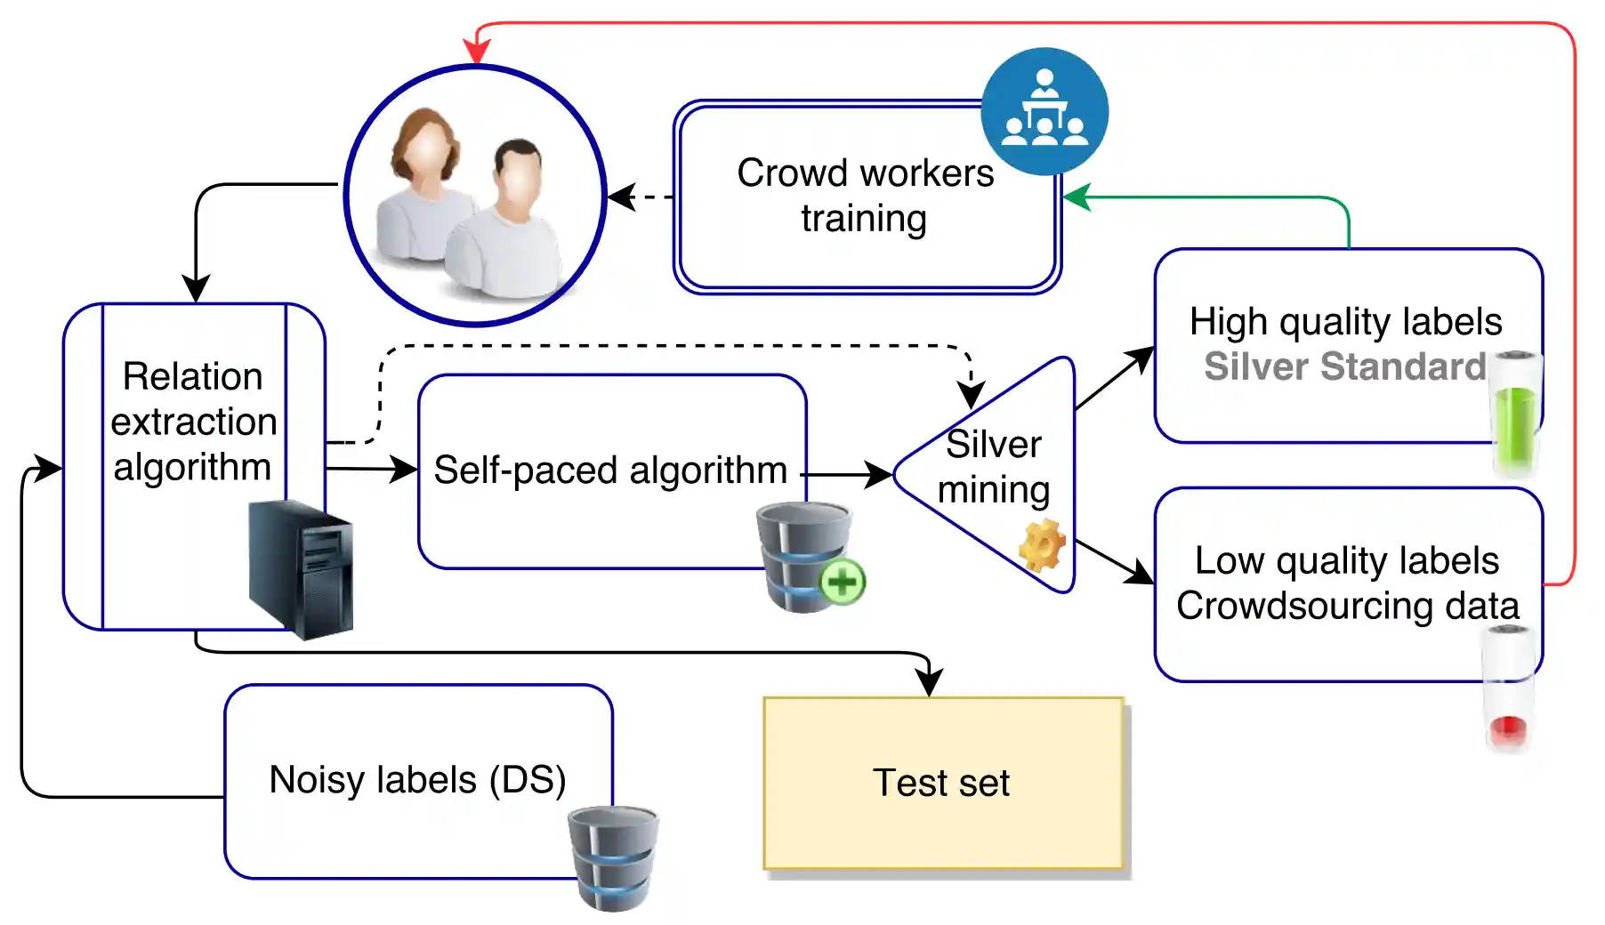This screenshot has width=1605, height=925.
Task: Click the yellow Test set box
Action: (x=943, y=783)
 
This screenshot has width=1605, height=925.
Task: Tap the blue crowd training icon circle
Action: (x=1044, y=111)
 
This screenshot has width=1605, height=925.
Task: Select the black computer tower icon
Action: (x=302, y=569)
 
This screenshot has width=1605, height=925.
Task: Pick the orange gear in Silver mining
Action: (x=1042, y=544)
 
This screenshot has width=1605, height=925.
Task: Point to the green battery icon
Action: (x=1515, y=414)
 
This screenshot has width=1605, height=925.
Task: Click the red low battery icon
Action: (x=1508, y=689)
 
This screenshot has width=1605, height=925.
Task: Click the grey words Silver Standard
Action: (x=1344, y=366)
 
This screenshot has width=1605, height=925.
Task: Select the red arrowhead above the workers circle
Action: (x=477, y=52)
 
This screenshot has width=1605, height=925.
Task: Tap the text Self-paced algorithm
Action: (x=610, y=470)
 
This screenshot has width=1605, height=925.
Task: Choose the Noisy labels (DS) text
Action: (x=417, y=780)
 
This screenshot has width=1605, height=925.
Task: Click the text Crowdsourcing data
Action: (x=1347, y=606)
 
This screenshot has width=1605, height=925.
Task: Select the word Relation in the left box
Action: (x=192, y=376)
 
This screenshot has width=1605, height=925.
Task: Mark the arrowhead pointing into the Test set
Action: (x=930, y=682)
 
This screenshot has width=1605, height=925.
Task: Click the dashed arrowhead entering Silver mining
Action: (x=971, y=394)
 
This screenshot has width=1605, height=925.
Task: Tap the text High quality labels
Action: (x=1345, y=321)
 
